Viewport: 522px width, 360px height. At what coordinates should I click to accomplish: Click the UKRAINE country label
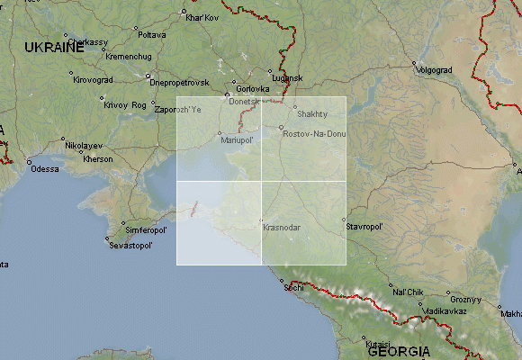(53, 46)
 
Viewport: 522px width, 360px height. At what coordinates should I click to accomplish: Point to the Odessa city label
(44, 168)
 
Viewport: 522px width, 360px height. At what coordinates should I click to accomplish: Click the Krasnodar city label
(282, 228)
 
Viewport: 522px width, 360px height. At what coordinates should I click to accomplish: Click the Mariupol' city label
(238, 140)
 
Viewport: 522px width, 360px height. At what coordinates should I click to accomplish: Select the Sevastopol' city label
(131, 245)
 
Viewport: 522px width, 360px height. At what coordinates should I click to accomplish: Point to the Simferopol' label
(145, 230)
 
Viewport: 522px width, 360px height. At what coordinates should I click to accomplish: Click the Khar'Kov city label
(202, 17)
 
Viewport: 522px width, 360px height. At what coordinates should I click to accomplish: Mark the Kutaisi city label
(379, 343)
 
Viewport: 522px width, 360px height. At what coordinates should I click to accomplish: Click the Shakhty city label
(312, 114)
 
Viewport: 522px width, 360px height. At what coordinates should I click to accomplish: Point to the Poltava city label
(152, 34)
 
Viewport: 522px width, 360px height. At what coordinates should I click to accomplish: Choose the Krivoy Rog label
(124, 105)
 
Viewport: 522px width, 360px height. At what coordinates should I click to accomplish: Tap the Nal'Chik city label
(408, 292)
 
